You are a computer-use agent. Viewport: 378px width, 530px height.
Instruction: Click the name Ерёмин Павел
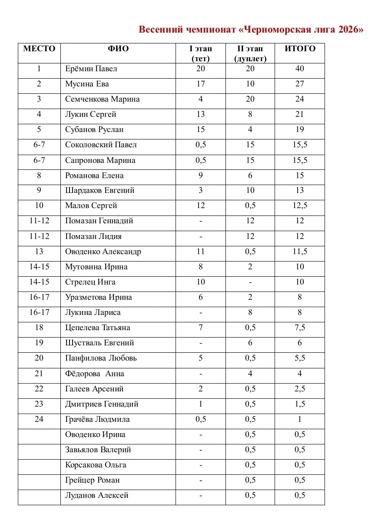[x=91, y=69]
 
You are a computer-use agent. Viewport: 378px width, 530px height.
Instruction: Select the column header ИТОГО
[x=300, y=49]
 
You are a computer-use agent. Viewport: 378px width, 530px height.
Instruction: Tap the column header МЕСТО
[x=39, y=49]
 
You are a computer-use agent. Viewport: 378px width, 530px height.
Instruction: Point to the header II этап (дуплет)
[x=250, y=53]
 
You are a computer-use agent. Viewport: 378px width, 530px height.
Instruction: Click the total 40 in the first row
[x=300, y=69]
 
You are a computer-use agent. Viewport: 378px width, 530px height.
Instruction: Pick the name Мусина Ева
[x=87, y=84]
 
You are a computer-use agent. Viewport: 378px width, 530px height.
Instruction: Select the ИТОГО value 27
[x=300, y=84]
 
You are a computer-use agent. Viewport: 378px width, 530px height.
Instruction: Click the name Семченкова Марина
[x=103, y=99]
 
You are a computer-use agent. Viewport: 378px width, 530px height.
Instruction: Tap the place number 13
[x=39, y=252]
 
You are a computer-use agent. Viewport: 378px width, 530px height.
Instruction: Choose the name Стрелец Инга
[x=90, y=282]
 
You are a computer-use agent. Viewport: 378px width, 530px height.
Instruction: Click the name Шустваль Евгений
[x=99, y=343]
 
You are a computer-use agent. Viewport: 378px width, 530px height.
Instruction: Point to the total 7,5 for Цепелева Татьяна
[x=300, y=328]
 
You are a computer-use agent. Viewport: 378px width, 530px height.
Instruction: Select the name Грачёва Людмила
[x=97, y=419]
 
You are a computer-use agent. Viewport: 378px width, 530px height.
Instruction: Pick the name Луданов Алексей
[x=97, y=495]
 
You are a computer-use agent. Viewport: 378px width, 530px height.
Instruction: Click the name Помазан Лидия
[x=93, y=236]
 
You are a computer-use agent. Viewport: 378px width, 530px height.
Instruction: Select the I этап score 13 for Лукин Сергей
[x=200, y=114]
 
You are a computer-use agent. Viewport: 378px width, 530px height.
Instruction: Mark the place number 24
[x=39, y=419]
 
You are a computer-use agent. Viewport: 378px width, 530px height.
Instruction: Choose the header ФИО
[x=118, y=49]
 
